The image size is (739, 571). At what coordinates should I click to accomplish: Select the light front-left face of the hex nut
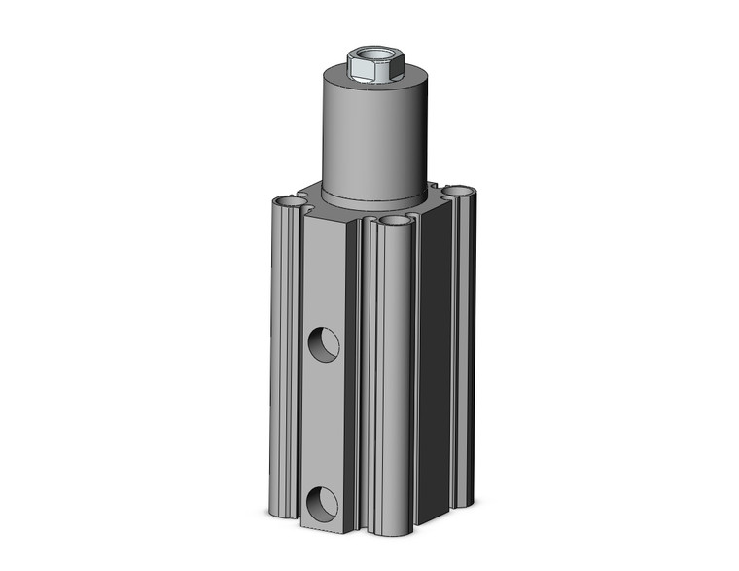362,73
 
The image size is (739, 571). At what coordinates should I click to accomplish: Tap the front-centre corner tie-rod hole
395,222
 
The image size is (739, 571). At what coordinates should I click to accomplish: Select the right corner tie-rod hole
458,191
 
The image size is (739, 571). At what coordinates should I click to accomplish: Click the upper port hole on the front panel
323,342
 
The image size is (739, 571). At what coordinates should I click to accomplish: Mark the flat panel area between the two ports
323,423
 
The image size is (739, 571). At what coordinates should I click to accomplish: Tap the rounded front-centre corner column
394,379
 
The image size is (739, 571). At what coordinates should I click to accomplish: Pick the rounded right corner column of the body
464,350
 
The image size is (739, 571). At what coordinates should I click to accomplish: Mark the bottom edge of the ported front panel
323,530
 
